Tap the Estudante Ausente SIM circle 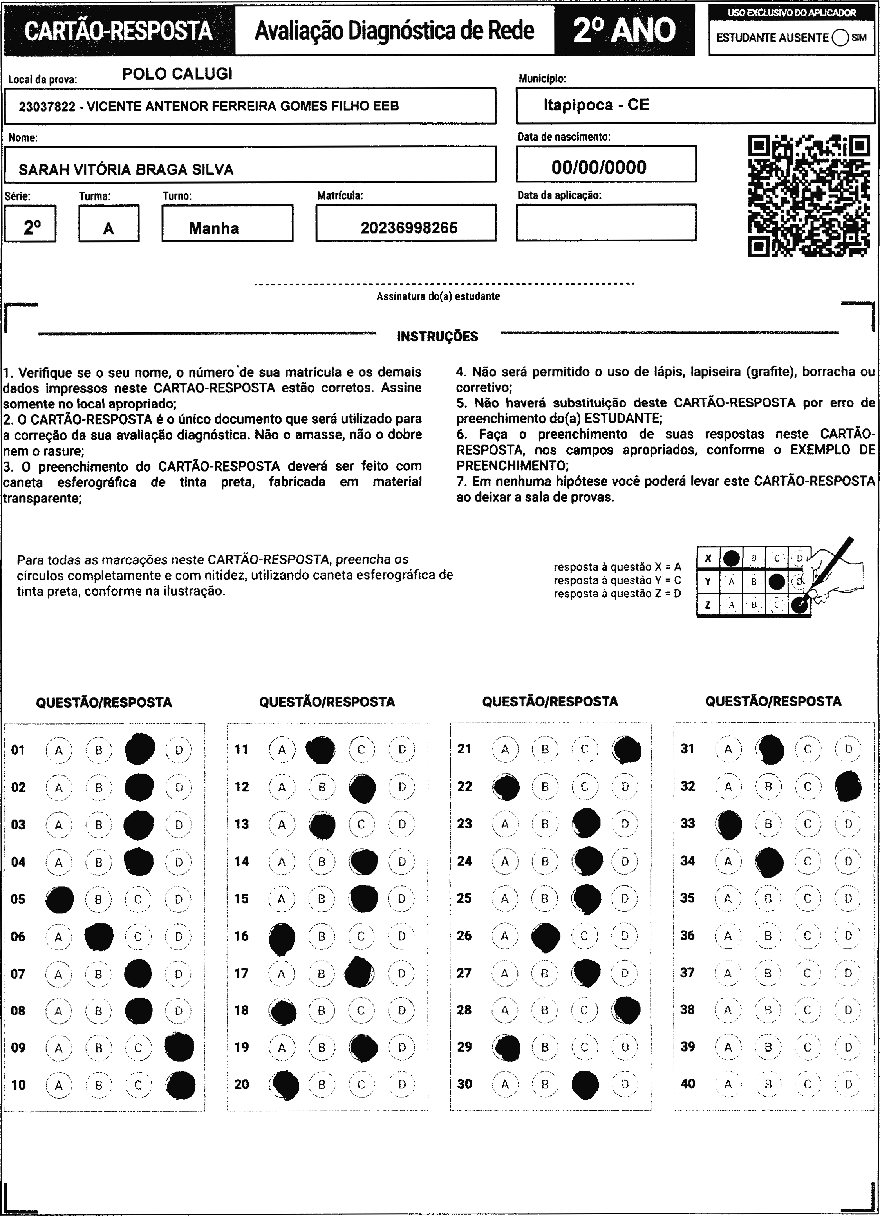pos(840,38)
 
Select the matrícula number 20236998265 pos(408,228)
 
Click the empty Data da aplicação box pos(606,222)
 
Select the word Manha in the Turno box pos(213,228)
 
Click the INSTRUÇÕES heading pos(437,337)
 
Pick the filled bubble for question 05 pos(60,899)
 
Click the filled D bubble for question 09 pos(180,1046)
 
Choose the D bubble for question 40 pos(848,1084)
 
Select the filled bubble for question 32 pos(848,786)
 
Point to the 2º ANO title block pos(624,30)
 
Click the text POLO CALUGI pos(177,74)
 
